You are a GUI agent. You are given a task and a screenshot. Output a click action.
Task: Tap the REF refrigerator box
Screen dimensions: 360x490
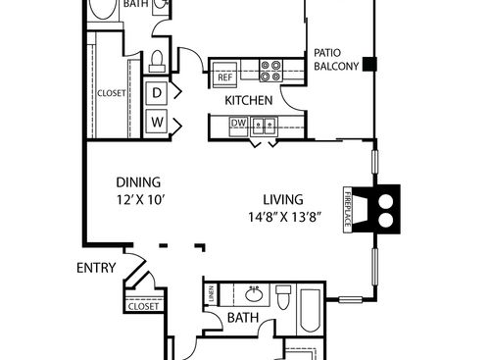point(224,77)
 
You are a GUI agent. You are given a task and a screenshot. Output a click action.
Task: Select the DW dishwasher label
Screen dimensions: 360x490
point(237,123)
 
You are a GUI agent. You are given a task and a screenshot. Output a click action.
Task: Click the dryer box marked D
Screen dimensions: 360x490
point(156,92)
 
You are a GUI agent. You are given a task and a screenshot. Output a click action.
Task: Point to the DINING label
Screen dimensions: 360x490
point(138,181)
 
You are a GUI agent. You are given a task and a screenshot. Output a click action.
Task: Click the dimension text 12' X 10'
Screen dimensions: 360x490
point(138,199)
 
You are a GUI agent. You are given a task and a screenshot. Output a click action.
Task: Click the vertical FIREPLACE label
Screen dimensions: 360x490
point(348,210)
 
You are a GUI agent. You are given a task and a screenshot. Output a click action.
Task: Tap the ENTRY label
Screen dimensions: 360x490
point(95,267)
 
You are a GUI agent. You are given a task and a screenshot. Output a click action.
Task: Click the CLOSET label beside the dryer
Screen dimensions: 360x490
point(111,93)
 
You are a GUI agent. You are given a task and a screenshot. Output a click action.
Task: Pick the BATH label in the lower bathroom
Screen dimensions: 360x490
point(242,318)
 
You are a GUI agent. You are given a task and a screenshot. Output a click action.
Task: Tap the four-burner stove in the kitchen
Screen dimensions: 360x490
point(270,71)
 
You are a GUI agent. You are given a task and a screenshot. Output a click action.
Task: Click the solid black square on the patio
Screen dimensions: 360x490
point(368,65)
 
